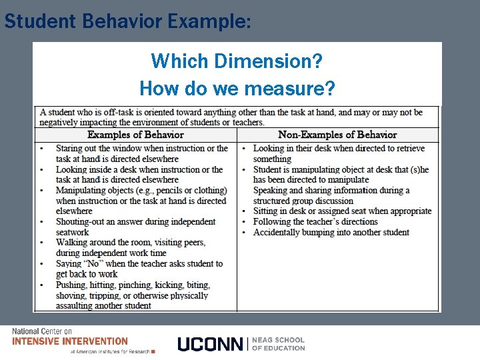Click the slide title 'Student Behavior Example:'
click(x=127, y=21)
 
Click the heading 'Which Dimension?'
click(x=237, y=62)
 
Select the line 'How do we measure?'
click(x=237, y=88)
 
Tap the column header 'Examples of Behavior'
click(x=135, y=135)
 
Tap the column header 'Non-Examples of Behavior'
click(x=337, y=135)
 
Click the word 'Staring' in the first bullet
click(x=71, y=149)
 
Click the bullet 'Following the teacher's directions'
click(x=315, y=222)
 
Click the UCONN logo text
click(x=211, y=344)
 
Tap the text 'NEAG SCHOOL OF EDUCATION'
click(x=278, y=344)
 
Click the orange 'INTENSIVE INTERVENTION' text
click(x=70, y=341)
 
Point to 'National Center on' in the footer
click(x=42, y=331)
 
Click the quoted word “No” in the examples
click(x=93, y=264)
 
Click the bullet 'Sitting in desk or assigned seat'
click(x=342, y=211)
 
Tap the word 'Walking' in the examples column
click(x=73, y=243)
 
